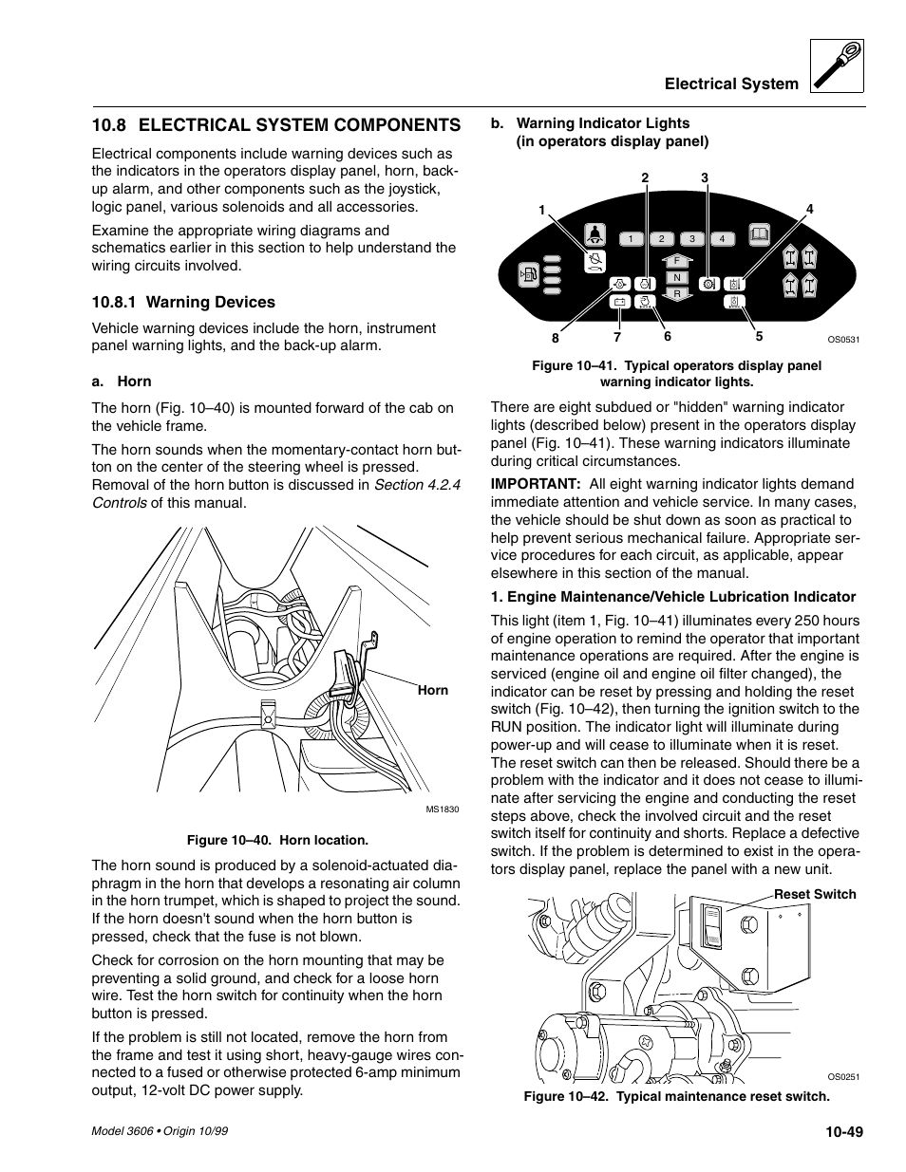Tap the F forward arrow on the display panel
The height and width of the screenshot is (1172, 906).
coord(676,260)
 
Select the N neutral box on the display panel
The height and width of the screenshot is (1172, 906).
coord(676,277)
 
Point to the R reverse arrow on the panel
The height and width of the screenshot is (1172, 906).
coord(676,294)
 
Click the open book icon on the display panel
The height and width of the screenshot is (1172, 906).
coord(758,236)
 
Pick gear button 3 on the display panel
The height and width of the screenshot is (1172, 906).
coord(692,239)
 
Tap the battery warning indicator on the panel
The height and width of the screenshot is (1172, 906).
coord(618,303)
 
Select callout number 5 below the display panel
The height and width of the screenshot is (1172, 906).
coord(759,336)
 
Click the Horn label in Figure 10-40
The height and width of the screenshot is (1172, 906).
coord(432,690)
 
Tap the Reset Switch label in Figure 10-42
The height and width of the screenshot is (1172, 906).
coord(814,894)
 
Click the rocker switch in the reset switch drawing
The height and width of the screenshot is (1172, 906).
coord(713,925)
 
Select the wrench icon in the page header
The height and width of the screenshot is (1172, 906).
coord(838,66)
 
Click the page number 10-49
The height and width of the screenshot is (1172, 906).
coord(843,1131)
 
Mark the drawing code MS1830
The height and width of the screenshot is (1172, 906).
coord(442,809)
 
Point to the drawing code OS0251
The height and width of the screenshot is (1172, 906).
coord(842,1077)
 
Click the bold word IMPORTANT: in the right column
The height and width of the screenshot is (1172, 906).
coord(536,484)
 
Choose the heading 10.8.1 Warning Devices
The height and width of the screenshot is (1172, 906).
coord(183,303)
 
